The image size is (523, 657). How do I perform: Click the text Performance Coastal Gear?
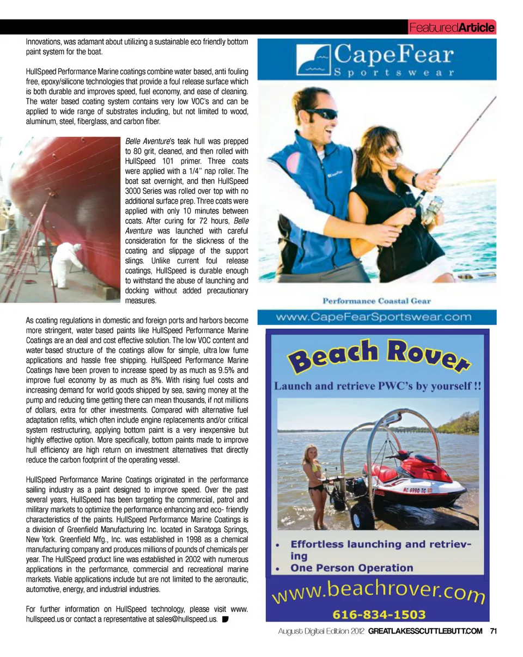pyautogui.click(x=376, y=300)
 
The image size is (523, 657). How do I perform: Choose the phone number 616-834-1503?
pyautogui.click(x=379, y=613)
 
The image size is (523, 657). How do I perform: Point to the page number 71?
pyautogui.click(x=494, y=631)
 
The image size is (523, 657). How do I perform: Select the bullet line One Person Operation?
pyautogui.click(x=352, y=568)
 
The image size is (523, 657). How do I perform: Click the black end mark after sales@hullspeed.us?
pyautogui.click(x=225, y=619)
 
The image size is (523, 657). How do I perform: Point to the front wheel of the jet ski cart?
pyautogui.click(x=362, y=514)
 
